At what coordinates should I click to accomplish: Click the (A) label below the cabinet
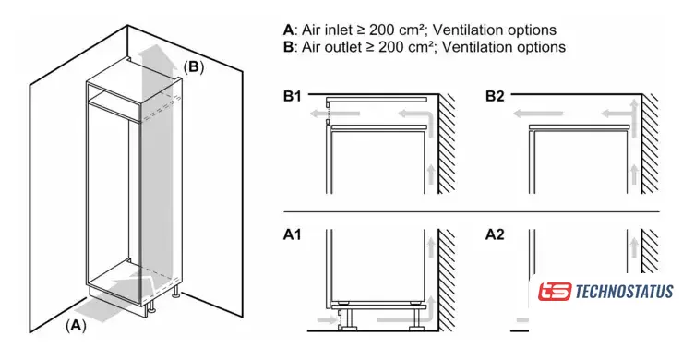76,326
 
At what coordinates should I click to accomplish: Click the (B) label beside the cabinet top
193,67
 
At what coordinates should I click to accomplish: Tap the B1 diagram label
293,96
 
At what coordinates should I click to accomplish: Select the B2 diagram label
495,96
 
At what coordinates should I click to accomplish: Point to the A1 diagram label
293,234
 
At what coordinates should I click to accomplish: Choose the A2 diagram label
495,234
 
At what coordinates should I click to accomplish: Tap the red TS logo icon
554,291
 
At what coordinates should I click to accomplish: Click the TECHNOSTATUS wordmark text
624,292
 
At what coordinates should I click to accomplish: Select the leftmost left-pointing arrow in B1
334,114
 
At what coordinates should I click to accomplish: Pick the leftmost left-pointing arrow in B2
537,114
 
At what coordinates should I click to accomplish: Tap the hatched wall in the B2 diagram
650,144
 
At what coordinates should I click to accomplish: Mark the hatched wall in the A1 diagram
447,280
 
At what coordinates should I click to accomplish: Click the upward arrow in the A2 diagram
634,247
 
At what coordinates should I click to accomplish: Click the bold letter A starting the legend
288,30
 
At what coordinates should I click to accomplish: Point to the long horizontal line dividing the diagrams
472,212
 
